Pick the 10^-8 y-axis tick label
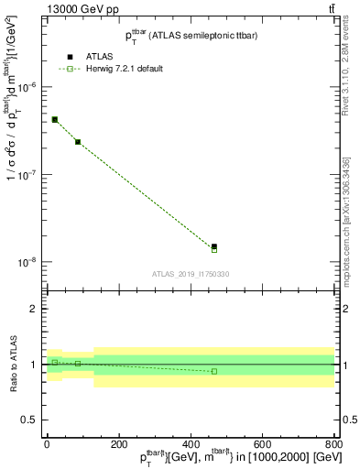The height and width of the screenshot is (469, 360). (x=28, y=262)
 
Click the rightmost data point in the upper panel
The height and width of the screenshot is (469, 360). (x=214, y=246)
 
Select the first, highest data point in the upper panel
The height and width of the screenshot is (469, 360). (x=55, y=119)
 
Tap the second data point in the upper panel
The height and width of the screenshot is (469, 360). (x=78, y=142)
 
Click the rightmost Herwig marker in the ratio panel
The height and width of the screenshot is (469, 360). (x=214, y=371)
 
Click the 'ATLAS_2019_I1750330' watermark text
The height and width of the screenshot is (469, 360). (x=191, y=274)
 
